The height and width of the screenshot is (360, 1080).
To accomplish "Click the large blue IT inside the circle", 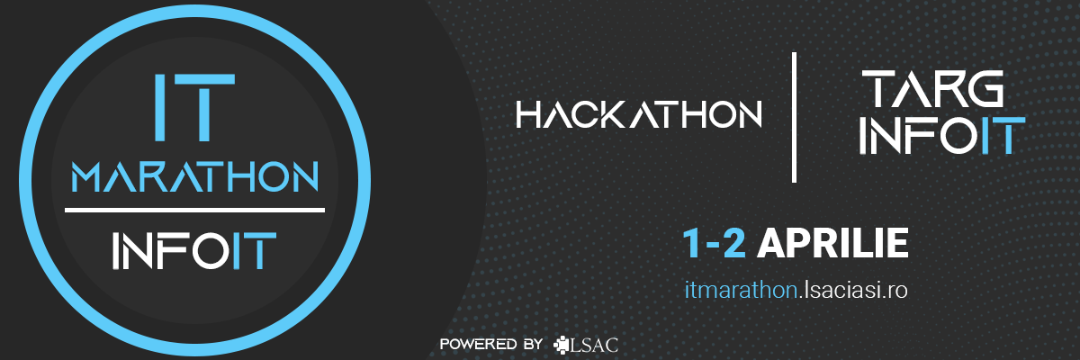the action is [x=194, y=107].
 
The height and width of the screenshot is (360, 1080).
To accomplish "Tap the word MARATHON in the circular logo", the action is [x=194, y=177].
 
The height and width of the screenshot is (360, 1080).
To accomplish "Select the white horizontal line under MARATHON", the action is [x=194, y=210].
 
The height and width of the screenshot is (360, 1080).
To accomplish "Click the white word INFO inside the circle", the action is [x=170, y=250].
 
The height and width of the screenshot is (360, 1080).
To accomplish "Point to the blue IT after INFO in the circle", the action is [x=254, y=250].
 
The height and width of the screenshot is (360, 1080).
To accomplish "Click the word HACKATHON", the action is [x=639, y=114].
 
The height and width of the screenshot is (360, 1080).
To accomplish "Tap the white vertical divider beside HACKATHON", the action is [x=794, y=117].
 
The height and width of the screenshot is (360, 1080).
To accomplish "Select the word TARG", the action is [x=932, y=89].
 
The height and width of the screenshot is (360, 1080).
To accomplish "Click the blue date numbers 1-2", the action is [x=715, y=244].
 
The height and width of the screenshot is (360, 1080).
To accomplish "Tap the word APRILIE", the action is [x=832, y=244].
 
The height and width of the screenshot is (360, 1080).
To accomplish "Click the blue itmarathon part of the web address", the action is [x=741, y=290].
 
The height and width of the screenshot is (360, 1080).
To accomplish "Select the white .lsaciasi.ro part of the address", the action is [x=853, y=290].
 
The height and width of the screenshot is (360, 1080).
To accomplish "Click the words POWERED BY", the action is [x=491, y=344].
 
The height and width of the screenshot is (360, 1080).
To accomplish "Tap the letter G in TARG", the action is [x=986, y=89].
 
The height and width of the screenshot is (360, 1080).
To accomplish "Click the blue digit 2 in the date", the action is [x=734, y=244].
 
